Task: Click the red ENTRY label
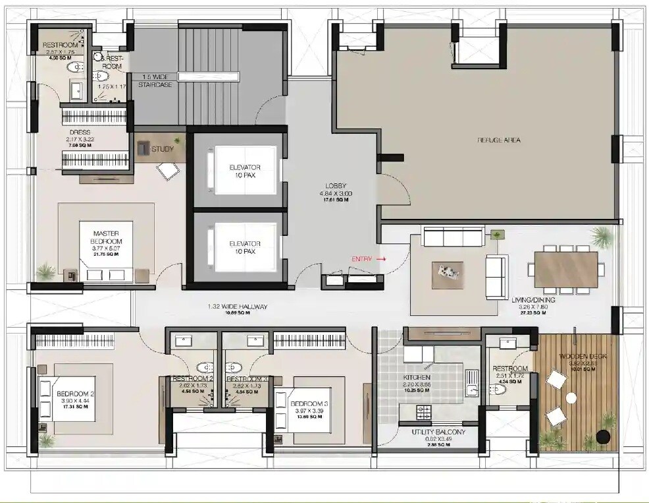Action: tap(364, 259)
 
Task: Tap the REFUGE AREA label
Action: tap(498, 140)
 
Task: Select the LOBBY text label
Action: tap(335, 186)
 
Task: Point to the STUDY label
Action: tap(163, 149)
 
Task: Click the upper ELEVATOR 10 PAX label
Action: tap(244, 167)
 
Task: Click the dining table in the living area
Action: tap(566, 268)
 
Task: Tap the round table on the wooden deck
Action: tap(571, 398)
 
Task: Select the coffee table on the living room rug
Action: tap(447, 275)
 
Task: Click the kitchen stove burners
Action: tap(424, 413)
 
